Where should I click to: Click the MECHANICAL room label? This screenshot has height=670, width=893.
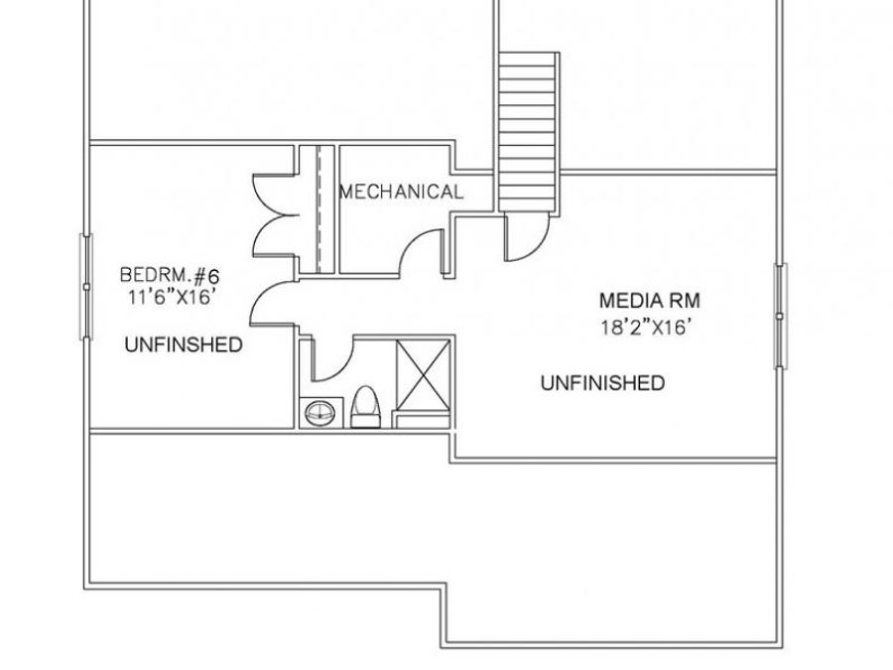tap(402, 192)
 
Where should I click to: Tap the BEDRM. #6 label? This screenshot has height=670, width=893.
tap(169, 276)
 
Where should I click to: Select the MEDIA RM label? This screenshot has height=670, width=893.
tap(649, 300)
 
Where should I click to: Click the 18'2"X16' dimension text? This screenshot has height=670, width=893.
tap(647, 328)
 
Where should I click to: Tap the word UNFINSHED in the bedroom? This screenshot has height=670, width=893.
tap(184, 344)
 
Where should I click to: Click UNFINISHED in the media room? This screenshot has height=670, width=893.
tap(602, 383)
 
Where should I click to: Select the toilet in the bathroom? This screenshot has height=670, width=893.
tap(365, 407)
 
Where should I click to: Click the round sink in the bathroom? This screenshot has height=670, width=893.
tap(319, 413)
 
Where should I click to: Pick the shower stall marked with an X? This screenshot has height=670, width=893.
tap(423, 374)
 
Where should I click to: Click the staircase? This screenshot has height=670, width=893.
tap(528, 132)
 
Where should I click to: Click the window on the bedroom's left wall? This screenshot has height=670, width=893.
tap(86, 287)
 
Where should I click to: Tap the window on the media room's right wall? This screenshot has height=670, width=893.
tap(781, 317)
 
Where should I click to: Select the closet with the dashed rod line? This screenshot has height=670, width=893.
tap(319, 209)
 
